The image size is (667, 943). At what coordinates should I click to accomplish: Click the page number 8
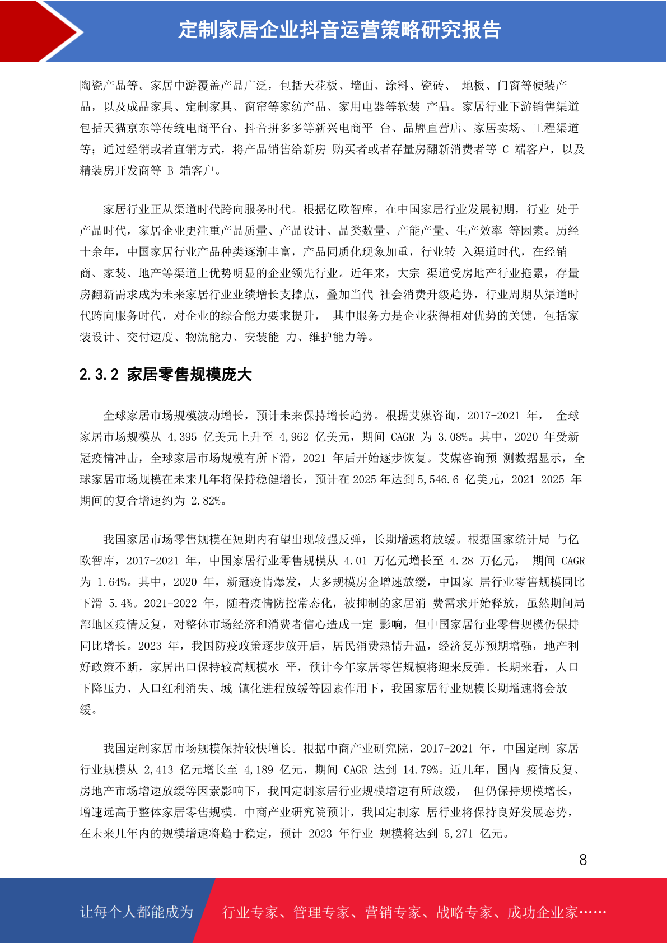583,860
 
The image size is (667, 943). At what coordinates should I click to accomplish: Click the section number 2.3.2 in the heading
99,375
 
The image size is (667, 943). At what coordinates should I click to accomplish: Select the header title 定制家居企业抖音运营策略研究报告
339,30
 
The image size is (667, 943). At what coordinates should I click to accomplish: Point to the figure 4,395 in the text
182,437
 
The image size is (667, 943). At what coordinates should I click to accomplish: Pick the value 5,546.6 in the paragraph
438,479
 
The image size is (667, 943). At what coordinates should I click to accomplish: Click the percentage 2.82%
206,501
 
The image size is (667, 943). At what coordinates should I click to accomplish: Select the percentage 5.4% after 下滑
123,603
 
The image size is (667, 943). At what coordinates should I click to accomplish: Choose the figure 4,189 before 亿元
259,769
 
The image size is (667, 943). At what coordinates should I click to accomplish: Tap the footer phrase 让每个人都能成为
137,912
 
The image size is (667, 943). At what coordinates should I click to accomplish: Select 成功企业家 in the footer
542,912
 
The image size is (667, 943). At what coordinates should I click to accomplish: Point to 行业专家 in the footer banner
250,912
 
